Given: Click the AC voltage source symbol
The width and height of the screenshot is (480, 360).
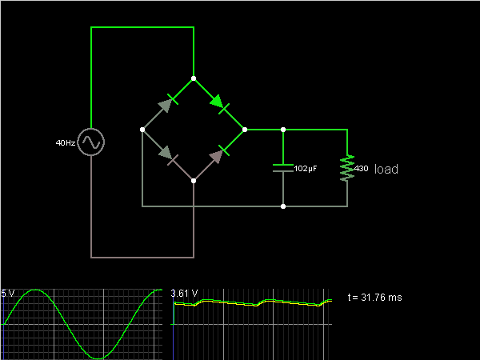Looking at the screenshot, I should pos(91,142).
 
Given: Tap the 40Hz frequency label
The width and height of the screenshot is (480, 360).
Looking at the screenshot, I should pos(66,143).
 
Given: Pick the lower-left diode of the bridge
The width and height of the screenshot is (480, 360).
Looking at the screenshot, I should pos(167,154).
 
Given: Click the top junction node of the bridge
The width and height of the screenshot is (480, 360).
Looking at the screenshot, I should pos(194,78).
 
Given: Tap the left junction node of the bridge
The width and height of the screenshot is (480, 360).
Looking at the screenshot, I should pos(142,129).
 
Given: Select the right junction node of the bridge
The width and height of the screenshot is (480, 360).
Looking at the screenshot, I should pos(245,129).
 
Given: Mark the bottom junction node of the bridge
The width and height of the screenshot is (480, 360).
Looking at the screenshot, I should pos(194,181).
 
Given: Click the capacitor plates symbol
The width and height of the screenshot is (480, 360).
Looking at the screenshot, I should pos(283,168).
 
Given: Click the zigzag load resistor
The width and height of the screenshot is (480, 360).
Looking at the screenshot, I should pos(347,168).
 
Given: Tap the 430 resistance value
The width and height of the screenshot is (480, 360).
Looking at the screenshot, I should pos(362,169).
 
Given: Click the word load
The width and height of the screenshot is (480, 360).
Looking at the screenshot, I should pos(386,170).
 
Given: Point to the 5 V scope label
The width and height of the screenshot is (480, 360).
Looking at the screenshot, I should pos(8,294).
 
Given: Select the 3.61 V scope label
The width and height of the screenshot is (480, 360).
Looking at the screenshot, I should pos(184,294).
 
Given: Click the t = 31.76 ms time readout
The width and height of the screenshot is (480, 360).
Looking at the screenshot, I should pos(375,298).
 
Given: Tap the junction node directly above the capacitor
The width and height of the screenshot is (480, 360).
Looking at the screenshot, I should pos(283,129).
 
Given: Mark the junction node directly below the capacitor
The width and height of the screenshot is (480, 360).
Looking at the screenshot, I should pos(283,206).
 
